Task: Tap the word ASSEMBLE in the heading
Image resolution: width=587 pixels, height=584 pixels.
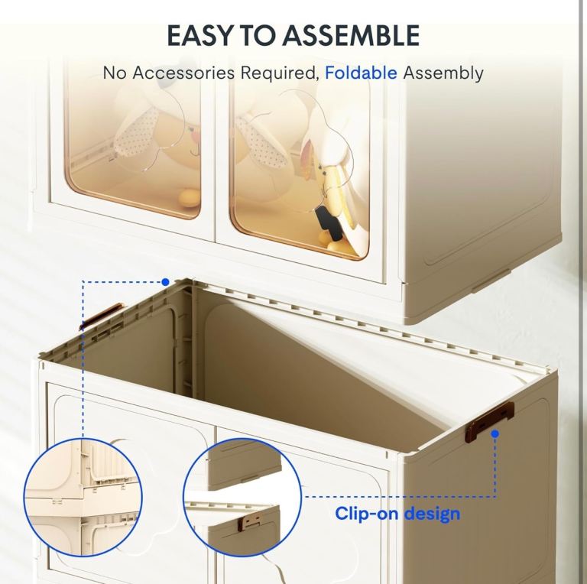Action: coord(351,36)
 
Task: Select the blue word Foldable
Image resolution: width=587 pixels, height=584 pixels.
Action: coord(361,73)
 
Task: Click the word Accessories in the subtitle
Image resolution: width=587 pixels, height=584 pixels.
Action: coord(183,73)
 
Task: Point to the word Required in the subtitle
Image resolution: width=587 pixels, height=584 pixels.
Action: coord(280,73)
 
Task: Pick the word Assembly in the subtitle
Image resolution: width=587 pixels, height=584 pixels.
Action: coord(443,73)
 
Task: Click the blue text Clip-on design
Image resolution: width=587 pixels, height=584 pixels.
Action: coord(397,513)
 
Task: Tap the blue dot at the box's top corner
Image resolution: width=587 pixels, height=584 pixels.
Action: coord(165,282)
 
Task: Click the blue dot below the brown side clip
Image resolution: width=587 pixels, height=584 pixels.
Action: coord(495,434)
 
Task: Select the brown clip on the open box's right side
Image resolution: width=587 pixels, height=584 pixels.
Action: coord(490,420)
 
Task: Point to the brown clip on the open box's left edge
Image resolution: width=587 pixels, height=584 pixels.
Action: coord(101,316)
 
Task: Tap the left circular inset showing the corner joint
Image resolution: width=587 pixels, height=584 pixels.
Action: coord(83,498)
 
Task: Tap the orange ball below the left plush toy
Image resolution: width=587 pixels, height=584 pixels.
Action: coord(190,199)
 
